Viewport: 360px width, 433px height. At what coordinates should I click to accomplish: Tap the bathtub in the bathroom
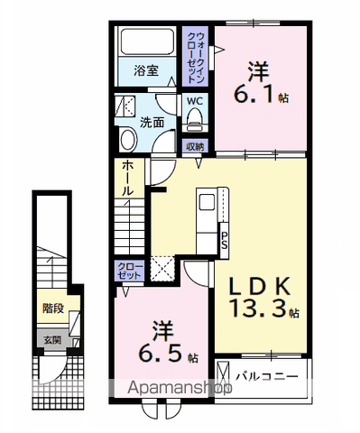pos(148,43)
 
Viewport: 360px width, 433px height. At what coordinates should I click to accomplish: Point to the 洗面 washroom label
pos(152,121)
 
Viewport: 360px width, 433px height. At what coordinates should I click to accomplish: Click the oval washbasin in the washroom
pos(127,138)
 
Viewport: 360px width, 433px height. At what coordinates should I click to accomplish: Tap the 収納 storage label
pos(196,146)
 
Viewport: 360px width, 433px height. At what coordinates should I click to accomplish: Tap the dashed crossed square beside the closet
pos(162,268)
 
